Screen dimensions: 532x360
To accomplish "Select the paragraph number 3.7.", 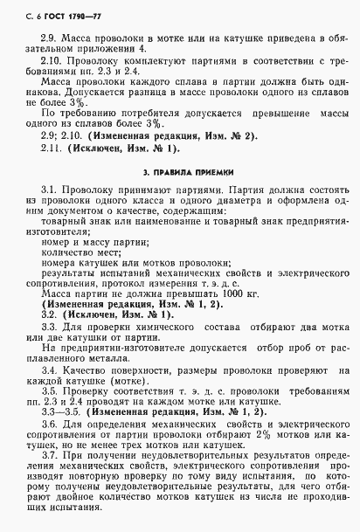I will (x=49, y=457).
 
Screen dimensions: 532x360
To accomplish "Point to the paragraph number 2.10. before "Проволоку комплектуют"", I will (x=52, y=65).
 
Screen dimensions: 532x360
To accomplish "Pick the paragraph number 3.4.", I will (x=49, y=369).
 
